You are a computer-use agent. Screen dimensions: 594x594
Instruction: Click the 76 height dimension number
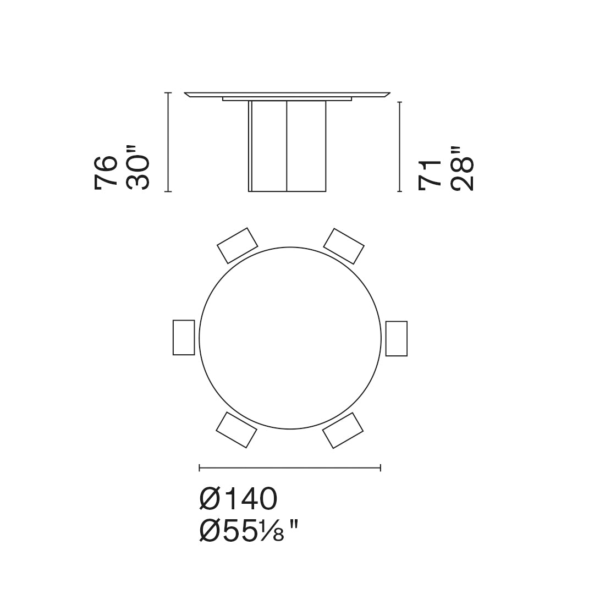click(106, 173)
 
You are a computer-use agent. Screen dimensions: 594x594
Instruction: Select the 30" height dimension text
click(137, 168)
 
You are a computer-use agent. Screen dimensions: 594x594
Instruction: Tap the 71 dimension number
click(430, 175)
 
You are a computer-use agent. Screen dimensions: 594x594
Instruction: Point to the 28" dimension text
click(461, 169)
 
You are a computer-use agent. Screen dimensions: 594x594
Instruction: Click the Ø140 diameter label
click(238, 499)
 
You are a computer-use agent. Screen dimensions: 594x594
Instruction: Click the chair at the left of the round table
click(184, 337)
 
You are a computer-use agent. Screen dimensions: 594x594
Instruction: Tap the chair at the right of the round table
click(397, 338)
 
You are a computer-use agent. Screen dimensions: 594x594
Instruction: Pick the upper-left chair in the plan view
click(237, 245)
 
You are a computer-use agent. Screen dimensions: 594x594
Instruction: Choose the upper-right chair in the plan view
click(344, 246)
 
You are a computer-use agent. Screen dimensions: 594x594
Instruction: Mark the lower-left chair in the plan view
click(237, 430)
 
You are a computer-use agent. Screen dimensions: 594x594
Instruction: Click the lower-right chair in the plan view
click(343, 430)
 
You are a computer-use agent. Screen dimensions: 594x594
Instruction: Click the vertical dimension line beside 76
click(168, 142)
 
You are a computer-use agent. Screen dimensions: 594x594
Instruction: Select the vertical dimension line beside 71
click(400, 147)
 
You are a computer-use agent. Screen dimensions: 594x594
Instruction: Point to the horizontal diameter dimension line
click(290, 468)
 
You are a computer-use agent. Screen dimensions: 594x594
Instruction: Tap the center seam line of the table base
click(287, 146)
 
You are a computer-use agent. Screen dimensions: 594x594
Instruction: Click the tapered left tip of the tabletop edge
click(188, 95)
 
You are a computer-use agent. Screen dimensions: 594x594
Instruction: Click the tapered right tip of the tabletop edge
click(387, 95)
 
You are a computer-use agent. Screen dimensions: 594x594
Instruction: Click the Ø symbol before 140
click(211, 499)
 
